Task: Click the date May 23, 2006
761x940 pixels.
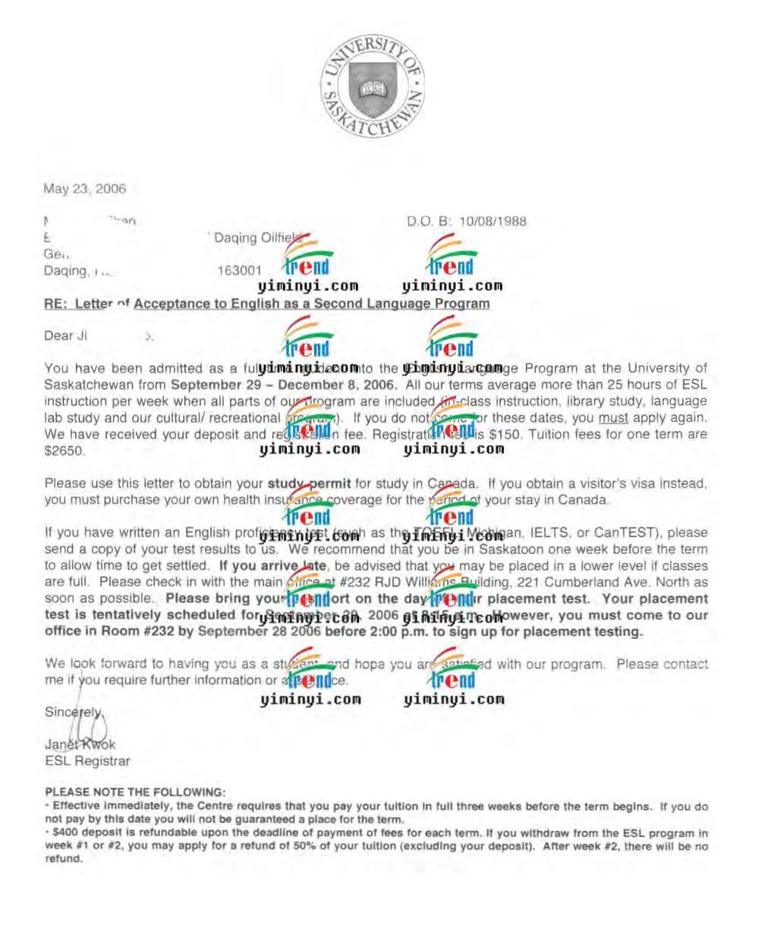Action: point(84,189)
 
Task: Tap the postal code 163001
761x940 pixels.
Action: point(239,271)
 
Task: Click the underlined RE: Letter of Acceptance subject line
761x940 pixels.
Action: point(266,303)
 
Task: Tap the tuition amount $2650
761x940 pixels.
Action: point(64,451)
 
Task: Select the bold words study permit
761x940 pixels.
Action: point(309,483)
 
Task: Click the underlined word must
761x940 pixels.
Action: point(613,418)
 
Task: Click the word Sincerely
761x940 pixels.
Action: point(72,712)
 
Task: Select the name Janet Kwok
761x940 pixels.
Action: point(80,745)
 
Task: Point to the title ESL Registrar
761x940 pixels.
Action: point(87,761)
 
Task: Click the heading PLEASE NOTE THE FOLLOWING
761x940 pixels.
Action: point(135,792)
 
